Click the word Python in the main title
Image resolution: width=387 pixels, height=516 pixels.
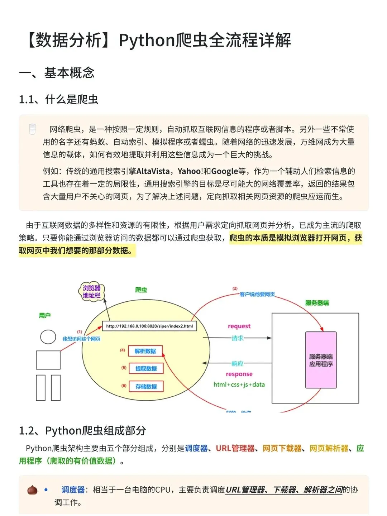(147, 40)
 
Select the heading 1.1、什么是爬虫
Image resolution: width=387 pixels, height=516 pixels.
(58, 99)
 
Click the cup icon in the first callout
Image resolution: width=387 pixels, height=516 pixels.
(32, 129)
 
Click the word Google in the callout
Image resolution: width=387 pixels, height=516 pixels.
(224, 171)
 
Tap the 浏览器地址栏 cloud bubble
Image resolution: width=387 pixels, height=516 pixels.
(91, 292)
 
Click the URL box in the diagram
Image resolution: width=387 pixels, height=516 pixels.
(149, 326)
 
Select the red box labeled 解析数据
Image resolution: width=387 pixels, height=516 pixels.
(145, 351)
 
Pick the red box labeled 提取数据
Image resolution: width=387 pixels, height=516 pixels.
(146, 368)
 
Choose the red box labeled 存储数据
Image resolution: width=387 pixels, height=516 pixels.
(146, 386)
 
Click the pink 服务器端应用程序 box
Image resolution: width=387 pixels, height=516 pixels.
(321, 360)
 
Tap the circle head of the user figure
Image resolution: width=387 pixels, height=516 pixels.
(48, 337)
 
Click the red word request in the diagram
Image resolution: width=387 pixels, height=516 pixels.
(239, 326)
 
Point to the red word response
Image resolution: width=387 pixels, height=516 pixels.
(239, 374)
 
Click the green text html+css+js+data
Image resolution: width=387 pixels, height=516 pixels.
(239, 384)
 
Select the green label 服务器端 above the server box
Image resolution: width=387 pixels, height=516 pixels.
(317, 303)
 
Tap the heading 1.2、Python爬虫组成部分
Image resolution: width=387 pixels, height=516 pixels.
(82, 430)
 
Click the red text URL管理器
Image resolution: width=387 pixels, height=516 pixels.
(235, 448)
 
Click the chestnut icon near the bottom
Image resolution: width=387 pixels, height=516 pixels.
(32, 490)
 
